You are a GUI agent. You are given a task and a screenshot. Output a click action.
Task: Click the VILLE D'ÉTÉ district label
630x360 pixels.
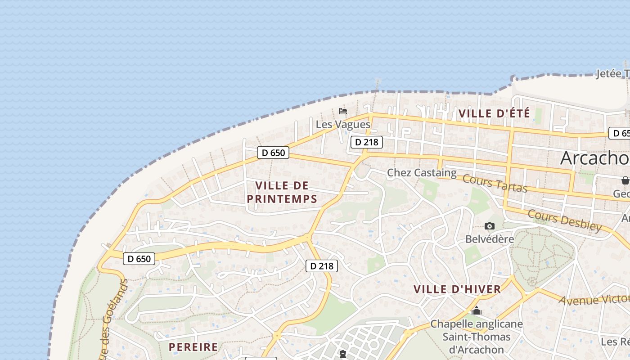pyautogui.click(x=494, y=113)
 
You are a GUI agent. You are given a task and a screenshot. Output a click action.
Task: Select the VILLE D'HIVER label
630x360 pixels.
pyautogui.click(x=457, y=289)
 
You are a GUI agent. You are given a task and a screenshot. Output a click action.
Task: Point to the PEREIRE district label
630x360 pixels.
pyautogui.click(x=193, y=347)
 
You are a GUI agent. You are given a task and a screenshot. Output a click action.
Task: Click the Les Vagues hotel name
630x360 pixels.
pyautogui.click(x=343, y=124)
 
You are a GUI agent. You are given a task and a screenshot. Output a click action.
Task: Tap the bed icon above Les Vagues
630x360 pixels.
pyautogui.click(x=343, y=111)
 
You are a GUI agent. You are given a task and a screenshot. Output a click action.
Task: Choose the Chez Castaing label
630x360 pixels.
pyautogui.click(x=422, y=173)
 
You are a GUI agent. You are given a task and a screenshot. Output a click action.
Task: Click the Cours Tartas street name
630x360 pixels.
pyautogui.click(x=495, y=183)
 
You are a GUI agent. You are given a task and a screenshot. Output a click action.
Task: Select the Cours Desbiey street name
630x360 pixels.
pyautogui.click(x=564, y=220)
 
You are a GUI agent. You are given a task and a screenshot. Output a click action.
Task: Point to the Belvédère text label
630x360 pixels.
pyautogui.click(x=490, y=239)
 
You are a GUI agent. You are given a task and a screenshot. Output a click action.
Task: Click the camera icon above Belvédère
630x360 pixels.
pyautogui.click(x=490, y=226)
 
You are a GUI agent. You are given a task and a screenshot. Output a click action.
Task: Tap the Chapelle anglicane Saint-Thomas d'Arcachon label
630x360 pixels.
pyautogui.click(x=477, y=337)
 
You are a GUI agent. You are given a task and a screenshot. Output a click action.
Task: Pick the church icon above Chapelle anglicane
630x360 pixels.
pyautogui.click(x=477, y=310)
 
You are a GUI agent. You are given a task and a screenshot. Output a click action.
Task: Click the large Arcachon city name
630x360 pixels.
pyautogui.click(x=594, y=158)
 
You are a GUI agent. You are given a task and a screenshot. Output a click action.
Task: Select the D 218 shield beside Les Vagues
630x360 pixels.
pyautogui.click(x=367, y=142)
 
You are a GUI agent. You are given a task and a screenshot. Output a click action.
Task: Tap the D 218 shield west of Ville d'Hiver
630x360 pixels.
pyautogui.click(x=322, y=266)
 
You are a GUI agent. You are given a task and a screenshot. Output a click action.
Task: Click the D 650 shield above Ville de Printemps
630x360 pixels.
pyautogui.click(x=273, y=153)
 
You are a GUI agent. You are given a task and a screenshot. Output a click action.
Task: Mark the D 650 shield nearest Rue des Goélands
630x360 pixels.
pyautogui.click(x=139, y=259)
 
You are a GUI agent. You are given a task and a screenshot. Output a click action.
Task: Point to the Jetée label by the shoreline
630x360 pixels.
pyautogui.click(x=612, y=74)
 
